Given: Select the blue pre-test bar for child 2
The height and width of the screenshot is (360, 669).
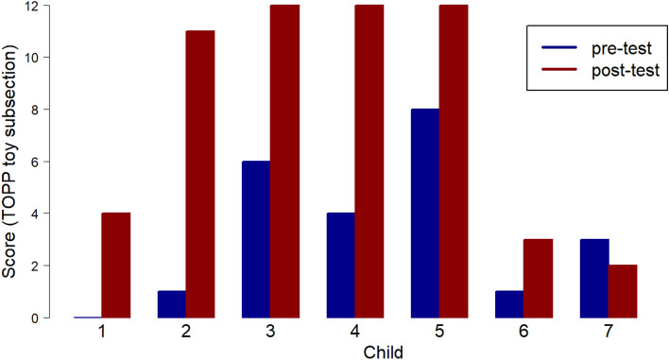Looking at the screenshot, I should (x=172, y=304).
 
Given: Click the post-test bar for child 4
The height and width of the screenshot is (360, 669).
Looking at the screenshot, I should (x=369, y=162).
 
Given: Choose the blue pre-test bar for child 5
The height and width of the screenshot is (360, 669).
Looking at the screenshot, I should (x=425, y=214).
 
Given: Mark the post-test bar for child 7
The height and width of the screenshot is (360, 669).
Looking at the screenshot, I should (x=623, y=292).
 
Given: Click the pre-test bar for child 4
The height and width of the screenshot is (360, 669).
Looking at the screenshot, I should (x=341, y=266).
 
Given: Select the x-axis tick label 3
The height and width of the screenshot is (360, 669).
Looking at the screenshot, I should (x=270, y=333).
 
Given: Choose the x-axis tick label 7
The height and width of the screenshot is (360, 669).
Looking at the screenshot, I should (x=609, y=333).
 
